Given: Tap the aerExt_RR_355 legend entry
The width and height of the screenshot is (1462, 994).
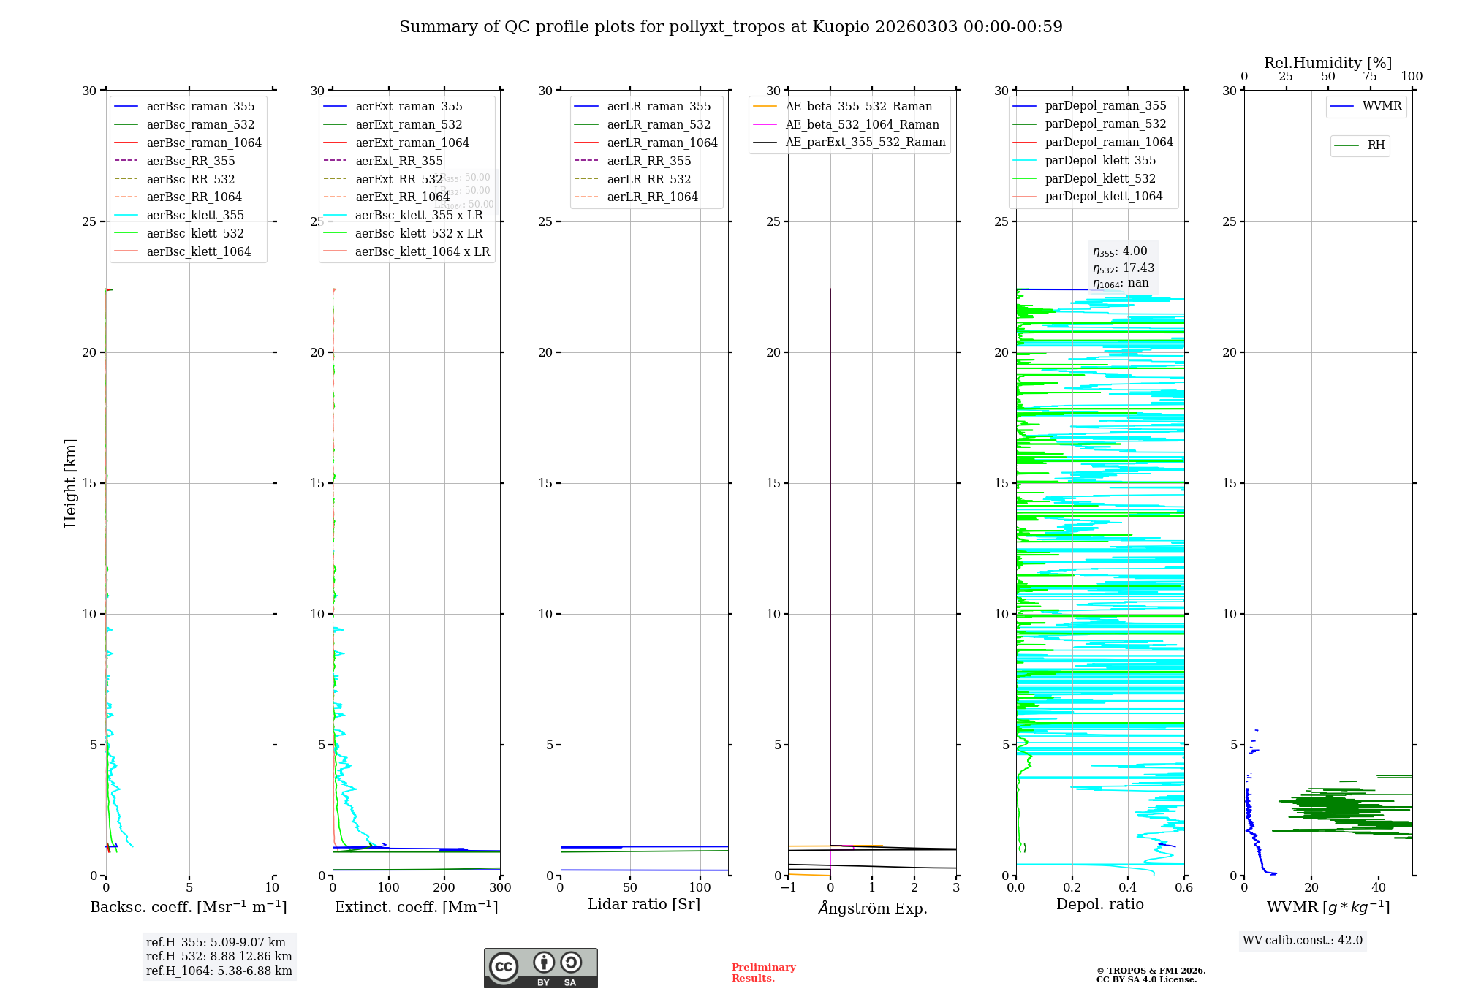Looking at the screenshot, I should pos(398,161).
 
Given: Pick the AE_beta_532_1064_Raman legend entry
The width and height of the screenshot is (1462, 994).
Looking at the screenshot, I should pos(862,124).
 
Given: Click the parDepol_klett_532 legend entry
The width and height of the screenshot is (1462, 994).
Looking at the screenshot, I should pos(1100,178).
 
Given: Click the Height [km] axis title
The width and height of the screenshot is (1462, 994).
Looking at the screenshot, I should pos(70,482).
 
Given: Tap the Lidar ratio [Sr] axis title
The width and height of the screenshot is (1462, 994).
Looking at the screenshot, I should pos(644,904).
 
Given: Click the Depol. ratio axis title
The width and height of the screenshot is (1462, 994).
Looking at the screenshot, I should pos(1099,904).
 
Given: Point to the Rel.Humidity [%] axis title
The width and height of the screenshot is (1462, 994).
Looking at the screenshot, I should pos(1327,63).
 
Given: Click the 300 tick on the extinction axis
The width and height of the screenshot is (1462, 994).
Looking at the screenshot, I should pos(500,888).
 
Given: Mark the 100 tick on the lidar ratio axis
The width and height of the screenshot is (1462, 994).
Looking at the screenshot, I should pos(700,888).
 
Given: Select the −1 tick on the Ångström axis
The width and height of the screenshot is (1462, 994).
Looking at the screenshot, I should pos(788,888).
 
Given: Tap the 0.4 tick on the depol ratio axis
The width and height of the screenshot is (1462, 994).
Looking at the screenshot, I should pos(1128,888).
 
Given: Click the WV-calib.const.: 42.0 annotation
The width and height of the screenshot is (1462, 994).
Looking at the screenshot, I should pos(1303,940).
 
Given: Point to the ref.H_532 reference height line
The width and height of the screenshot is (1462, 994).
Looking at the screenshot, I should pos(219,956).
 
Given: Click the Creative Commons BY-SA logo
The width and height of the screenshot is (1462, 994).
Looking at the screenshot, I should pos(540,968).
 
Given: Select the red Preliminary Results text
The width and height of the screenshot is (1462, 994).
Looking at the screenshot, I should pos(763,972).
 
